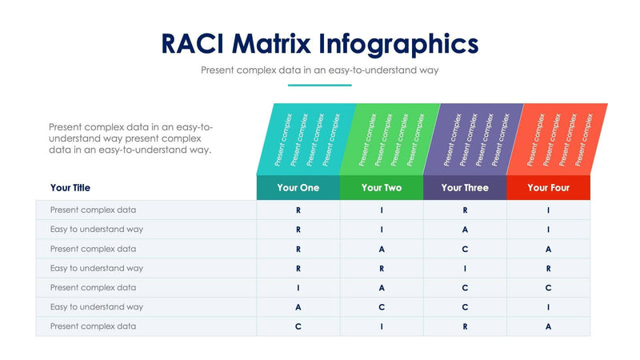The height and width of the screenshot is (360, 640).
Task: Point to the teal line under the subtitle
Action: [319, 85]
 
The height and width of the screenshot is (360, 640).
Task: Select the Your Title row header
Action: [70, 188]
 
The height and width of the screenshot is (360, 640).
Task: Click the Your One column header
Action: [298, 188]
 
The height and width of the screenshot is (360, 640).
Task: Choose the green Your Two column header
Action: [382, 188]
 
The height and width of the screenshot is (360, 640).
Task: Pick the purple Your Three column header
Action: [465, 188]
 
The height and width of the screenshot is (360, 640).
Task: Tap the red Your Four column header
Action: [548, 188]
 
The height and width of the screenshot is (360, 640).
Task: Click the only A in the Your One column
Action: [298, 306]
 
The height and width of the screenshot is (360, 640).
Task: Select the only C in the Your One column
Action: [298, 326]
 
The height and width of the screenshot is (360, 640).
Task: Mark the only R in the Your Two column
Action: [382, 268]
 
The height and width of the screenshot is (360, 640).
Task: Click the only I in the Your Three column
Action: [465, 268]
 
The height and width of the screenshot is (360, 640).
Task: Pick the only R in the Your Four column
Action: [548, 268]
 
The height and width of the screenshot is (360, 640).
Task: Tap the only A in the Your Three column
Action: [465, 230]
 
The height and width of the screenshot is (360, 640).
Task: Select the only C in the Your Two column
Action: [382, 306]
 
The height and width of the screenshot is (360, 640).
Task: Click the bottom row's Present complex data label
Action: [93, 326]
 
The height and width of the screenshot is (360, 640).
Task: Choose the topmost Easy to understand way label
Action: [96, 230]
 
